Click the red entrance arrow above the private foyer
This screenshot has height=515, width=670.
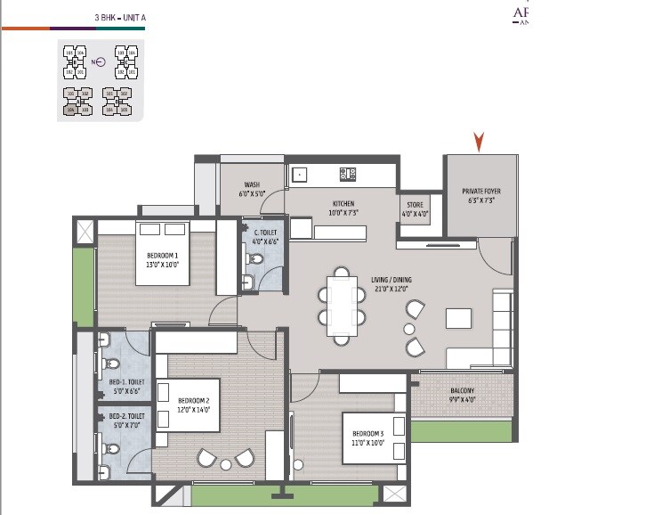coord(480,141)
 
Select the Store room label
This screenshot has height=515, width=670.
coord(415,210)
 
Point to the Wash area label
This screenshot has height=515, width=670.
coord(252,189)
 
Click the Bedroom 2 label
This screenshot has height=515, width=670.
coord(193,405)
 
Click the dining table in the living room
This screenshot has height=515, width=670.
coord(341,307)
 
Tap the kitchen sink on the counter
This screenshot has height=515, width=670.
coord(300,175)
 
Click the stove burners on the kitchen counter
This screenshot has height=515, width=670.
coord(346,174)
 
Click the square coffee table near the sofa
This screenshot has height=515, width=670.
coord(458,318)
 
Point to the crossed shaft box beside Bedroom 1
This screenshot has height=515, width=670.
coord(85,230)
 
